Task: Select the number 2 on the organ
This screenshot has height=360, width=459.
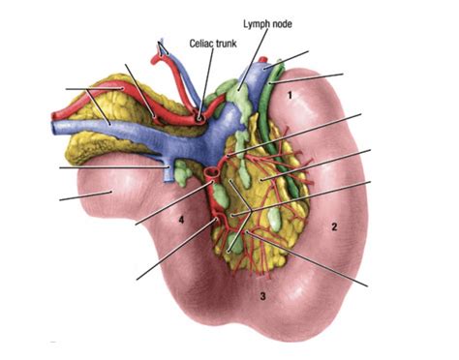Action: tap(333, 227)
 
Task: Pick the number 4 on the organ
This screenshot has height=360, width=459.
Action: tap(180, 220)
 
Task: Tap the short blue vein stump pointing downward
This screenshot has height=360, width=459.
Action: tap(178, 175)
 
